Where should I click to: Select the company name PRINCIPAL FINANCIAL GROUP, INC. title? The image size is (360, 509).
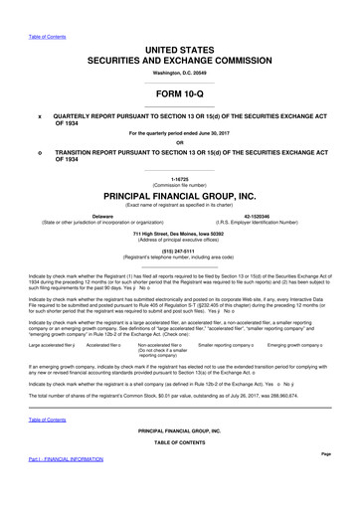pos(179,196)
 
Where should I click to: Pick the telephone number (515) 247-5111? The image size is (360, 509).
pos(179,251)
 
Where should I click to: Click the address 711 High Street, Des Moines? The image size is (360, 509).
pos(179,233)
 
